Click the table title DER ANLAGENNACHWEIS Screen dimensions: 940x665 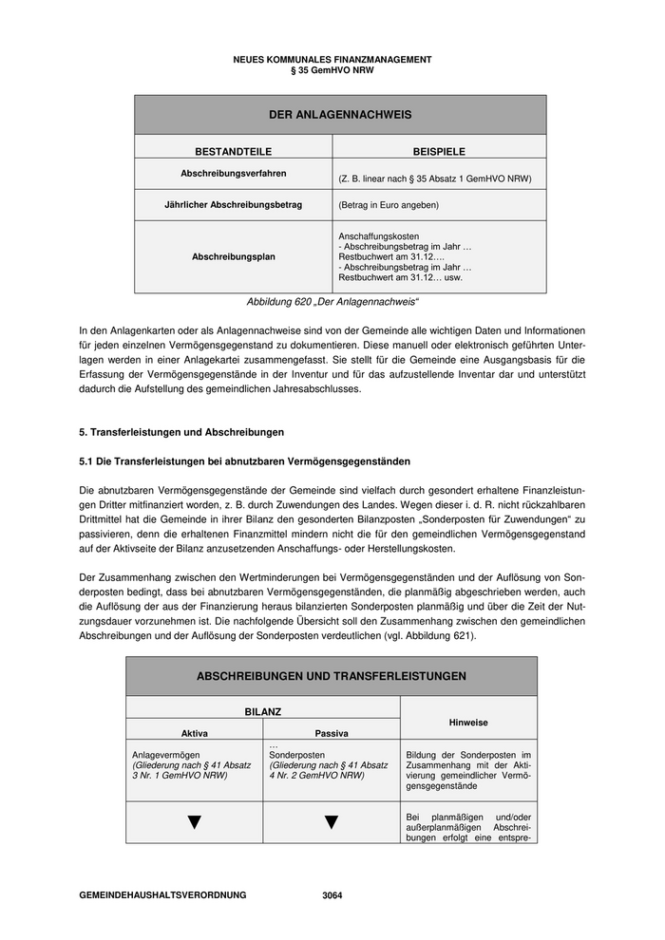click(x=339, y=115)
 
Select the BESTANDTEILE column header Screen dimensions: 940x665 click(x=233, y=151)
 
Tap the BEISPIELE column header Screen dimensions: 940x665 click(x=439, y=151)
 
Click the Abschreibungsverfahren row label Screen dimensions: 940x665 click(x=233, y=174)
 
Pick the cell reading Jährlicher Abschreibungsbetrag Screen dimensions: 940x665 click(x=233, y=204)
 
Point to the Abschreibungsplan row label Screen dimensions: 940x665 click(x=233, y=256)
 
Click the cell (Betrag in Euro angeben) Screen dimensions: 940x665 click(x=389, y=204)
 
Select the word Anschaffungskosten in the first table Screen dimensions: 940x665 click(x=378, y=235)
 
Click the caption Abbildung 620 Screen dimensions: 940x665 click(x=332, y=301)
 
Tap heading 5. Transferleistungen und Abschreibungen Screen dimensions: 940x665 click(x=181, y=432)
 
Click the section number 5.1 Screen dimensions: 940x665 click(x=87, y=461)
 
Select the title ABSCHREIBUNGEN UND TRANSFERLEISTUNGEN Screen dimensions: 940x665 click(x=331, y=676)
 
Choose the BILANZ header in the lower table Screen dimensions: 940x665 click(x=262, y=710)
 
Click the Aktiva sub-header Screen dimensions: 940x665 click(x=194, y=733)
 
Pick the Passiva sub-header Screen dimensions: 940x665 click(x=331, y=733)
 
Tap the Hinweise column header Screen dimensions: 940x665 click(x=468, y=722)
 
